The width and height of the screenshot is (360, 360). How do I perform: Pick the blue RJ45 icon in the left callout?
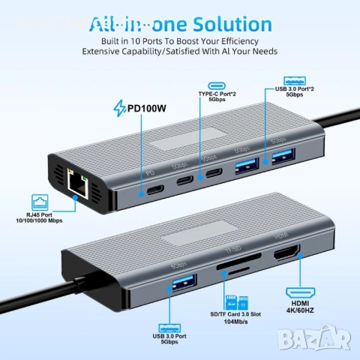[x=40, y=200]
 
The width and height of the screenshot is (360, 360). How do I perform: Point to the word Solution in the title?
[x=231, y=25]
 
